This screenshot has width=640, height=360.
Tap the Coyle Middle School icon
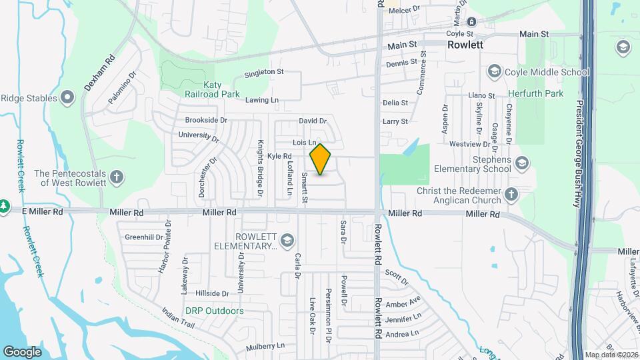[x=494, y=71]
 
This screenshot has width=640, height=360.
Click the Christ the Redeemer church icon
[x=511, y=195]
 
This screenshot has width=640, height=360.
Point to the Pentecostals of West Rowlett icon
[x=117, y=177]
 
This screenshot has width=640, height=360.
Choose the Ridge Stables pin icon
[x=67, y=99]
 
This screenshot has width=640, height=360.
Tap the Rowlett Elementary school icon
[x=287, y=240]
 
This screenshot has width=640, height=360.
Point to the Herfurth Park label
[x=535, y=94]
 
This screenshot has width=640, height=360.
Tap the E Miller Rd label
[x=41, y=211]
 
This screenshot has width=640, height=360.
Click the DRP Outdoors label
[x=214, y=311]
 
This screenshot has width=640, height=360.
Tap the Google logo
[x=22, y=351]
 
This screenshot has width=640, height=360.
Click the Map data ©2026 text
[x=611, y=355]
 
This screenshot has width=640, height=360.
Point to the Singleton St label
[x=264, y=72]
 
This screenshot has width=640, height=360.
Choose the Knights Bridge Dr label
[x=260, y=169]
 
